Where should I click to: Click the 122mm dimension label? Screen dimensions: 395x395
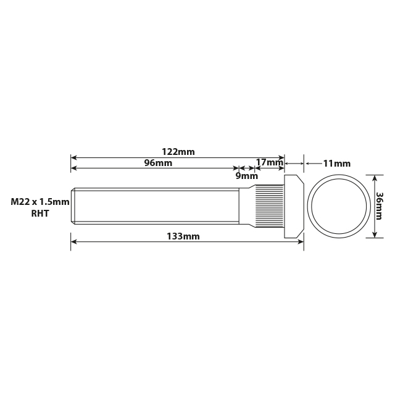178,152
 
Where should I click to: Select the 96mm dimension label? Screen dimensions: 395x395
158,164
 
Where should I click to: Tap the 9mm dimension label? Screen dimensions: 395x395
247,175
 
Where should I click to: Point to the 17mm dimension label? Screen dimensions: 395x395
268,163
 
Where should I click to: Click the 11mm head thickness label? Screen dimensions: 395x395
336,164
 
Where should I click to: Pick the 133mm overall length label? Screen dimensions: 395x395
183,236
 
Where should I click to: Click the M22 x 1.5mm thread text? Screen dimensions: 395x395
38,202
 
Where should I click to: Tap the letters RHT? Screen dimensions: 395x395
39,214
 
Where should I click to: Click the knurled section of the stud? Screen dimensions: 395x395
270,206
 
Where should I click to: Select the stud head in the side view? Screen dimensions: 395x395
294,206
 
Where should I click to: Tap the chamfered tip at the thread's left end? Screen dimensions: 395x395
73,206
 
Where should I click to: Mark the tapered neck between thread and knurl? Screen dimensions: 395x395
247,206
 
